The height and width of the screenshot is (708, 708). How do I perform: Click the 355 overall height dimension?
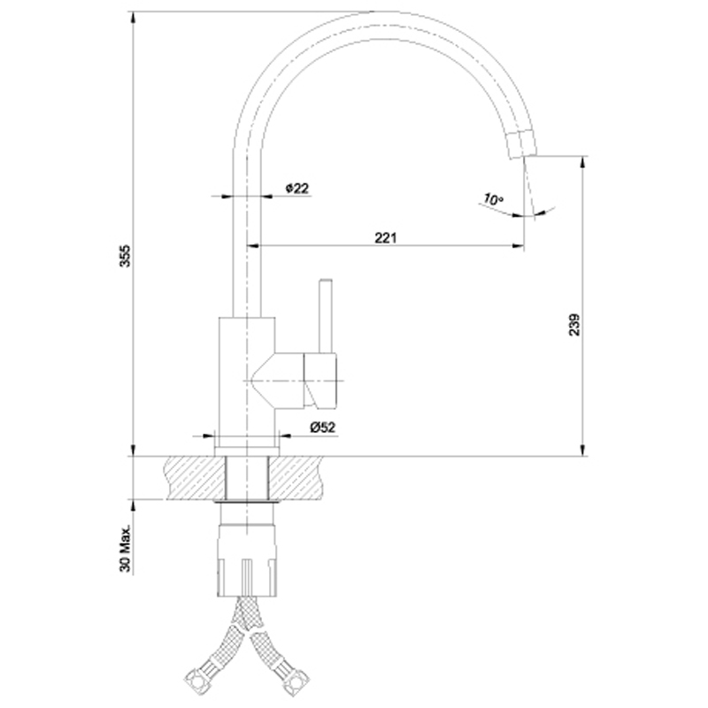pyautogui.click(x=125, y=256)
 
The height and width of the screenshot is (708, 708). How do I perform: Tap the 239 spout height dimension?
pyautogui.click(x=574, y=325)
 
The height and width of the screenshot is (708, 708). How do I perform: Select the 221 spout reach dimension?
pyautogui.click(x=386, y=237)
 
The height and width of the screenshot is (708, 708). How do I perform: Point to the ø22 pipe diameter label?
pyautogui.click(x=297, y=188)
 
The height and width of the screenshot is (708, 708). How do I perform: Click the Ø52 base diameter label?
pyautogui.click(x=322, y=427)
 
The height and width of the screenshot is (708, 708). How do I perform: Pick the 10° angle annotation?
pyautogui.click(x=493, y=198)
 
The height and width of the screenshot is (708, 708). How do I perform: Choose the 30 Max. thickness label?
pyautogui.click(x=125, y=548)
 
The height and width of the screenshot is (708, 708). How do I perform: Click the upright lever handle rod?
pyautogui.click(x=326, y=315)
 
